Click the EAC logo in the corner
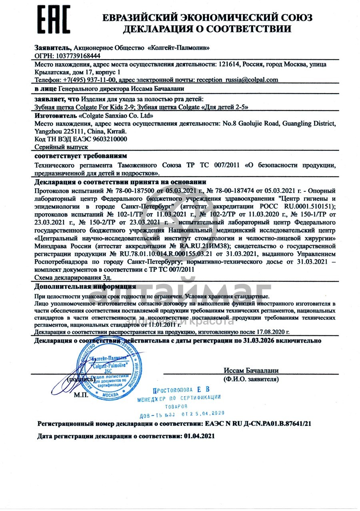pyautogui.click(x=54, y=20)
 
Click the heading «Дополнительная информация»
pyautogui.click(x=85, y=287)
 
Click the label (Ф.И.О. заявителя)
pyautogui.click(x=251, y=379)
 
